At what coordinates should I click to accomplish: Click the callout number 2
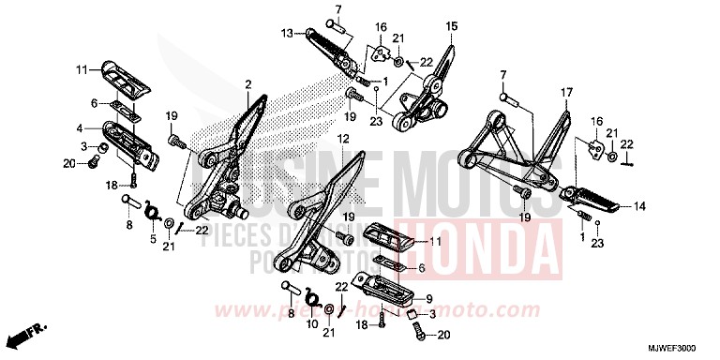(x=248, y=85)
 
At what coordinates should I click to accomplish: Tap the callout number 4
(x=81, y=128)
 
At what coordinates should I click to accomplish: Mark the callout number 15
(x=451, y=25)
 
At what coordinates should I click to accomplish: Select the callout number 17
(x=566, y=92)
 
